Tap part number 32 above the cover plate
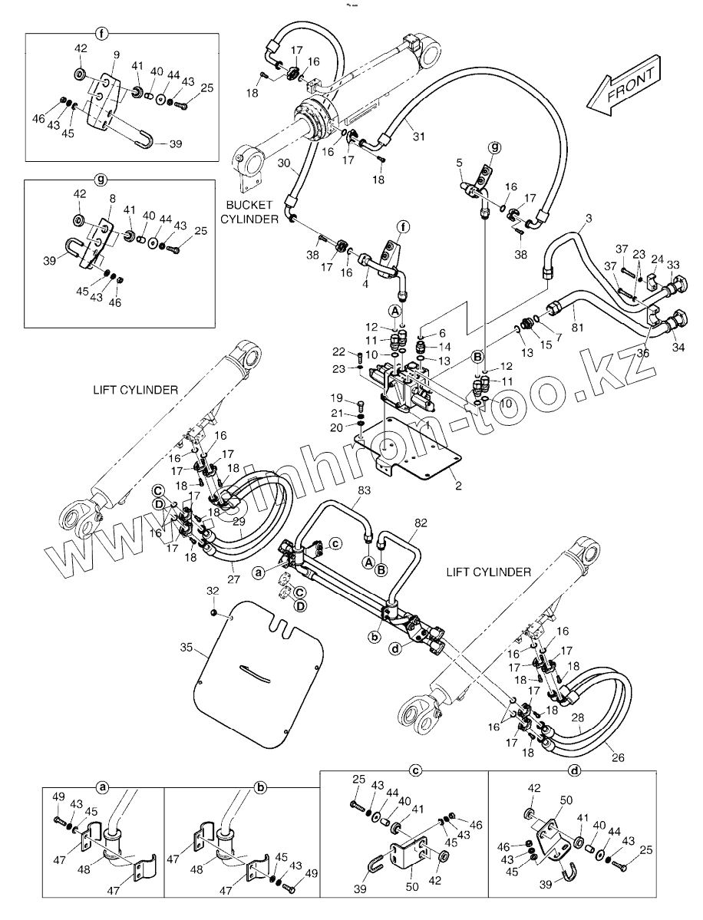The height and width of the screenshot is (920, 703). pyautogui.click(x=213, y=591)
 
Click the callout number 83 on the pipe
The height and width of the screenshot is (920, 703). pyautogui.click(x=364, y=490)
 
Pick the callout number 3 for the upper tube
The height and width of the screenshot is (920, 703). pyautogui.click(x=589, y=219)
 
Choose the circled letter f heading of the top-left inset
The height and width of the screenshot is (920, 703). pyautogui.click(x=101, y=33)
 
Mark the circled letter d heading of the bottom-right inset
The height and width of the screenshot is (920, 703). pyautogui.click(x=574, y=770)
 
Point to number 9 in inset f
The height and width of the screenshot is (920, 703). pyautogui.click(x=116, y=54)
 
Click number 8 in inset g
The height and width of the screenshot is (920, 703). pyautogui.click(x=113, y=197)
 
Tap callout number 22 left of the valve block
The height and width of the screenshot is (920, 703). pyautogui.click(x=338, y=351)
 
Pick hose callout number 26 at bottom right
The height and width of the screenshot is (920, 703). pyautogui.click(x=618, y=758)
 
